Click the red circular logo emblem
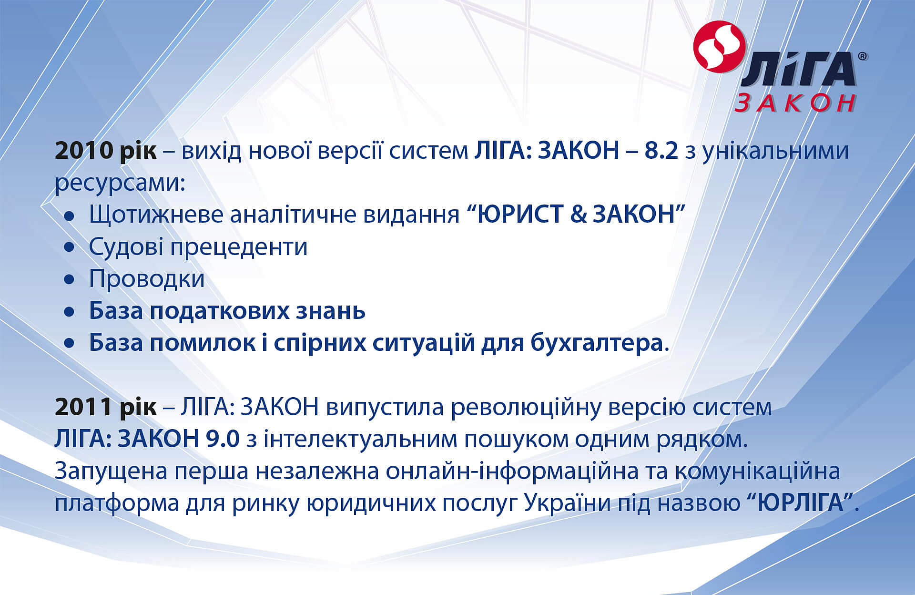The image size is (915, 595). pos(719,47)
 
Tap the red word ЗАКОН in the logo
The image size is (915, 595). pos(795,103)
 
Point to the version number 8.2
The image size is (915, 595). pos(661,151)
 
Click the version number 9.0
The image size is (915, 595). pos(223,439)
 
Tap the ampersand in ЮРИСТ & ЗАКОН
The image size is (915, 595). pos(578,214)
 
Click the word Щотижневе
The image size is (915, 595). pos(156,215)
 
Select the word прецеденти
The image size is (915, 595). pos(239,247)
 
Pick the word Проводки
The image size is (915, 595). pos(147,279)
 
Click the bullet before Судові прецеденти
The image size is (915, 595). pos(70,247)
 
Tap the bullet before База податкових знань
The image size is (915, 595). pos(70,312)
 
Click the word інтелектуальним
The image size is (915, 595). pos(360,439)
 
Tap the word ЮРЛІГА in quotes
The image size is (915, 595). pos(800,503)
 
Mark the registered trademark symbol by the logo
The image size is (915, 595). pos(863,56)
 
